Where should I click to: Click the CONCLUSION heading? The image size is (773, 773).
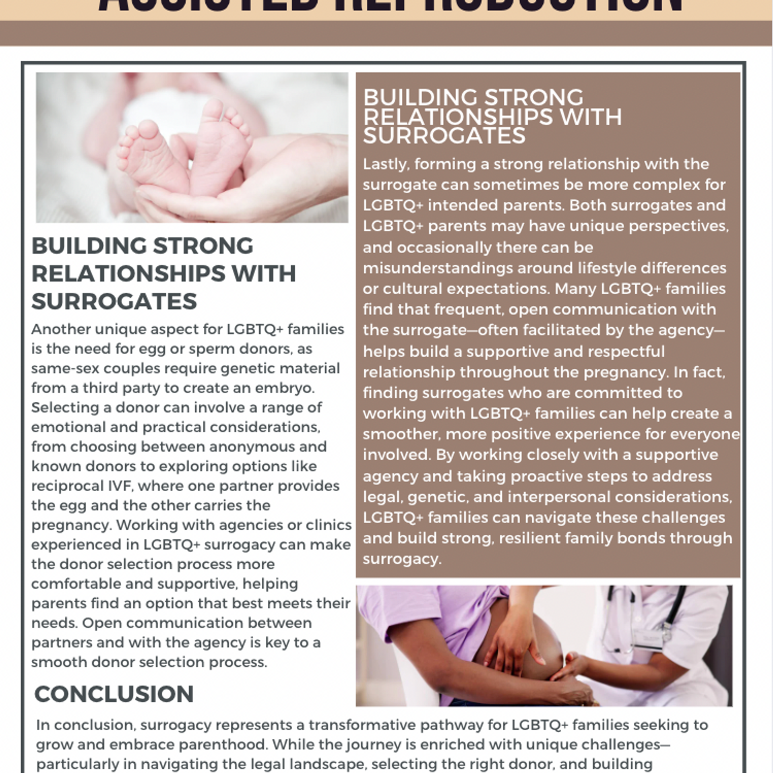114,694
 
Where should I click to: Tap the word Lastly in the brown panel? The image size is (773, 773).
385,164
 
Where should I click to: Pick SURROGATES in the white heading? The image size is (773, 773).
444,136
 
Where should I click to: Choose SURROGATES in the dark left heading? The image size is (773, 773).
114,301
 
